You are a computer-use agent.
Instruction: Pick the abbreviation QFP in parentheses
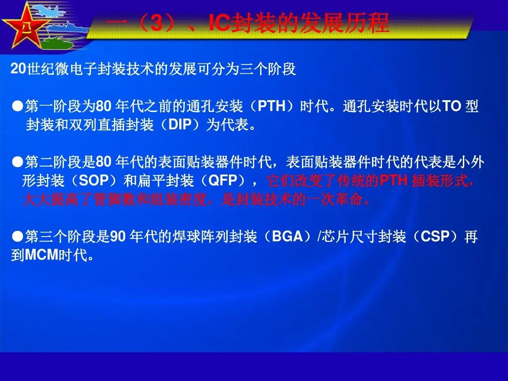[222, 181]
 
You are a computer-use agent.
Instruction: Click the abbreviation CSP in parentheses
[435, 236]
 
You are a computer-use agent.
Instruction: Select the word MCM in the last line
[41, 255]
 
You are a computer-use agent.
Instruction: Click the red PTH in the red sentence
[394, 181]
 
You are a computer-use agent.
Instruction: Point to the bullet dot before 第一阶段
[17, 107]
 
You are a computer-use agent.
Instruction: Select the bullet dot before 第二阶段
[17, 162]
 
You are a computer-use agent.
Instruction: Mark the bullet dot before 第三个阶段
[17, 237]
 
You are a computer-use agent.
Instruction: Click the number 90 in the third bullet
[118, 237]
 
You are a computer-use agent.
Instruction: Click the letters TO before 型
[452, 106]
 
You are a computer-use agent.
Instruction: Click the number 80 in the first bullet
[103, 106]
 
